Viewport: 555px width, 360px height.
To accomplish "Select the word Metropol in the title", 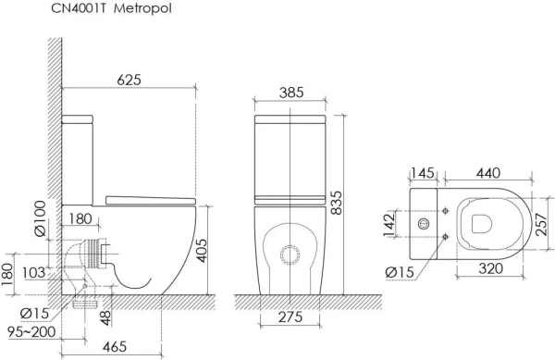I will click(x=142, y=10).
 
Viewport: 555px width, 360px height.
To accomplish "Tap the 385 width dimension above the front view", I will click(x=290, y=93).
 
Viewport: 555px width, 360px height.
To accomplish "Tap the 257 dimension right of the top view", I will click(x=545, y=225).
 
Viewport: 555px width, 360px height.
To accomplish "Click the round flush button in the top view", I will click(x=425, y=225).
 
